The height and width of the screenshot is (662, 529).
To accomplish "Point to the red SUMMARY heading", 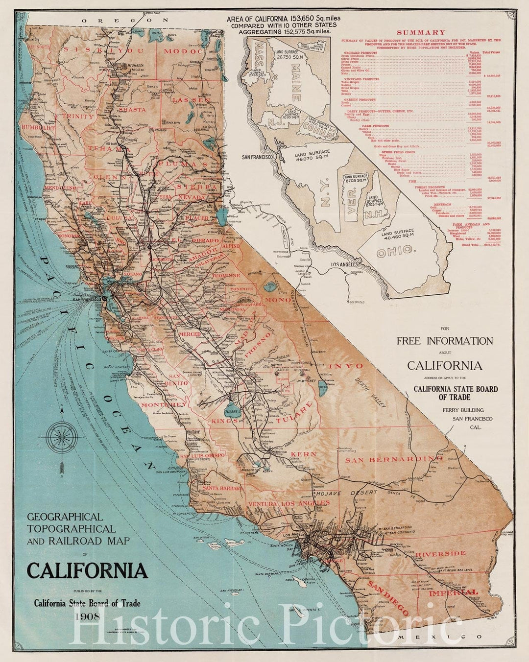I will tap(420, 32).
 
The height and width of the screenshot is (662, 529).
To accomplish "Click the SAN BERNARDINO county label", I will tap(390, 459).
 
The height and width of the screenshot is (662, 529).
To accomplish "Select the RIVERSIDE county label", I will tap(441, 553).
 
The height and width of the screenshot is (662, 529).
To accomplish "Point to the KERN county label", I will tap(304, 454).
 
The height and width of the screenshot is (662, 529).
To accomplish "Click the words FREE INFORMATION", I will tap(444, 341).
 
